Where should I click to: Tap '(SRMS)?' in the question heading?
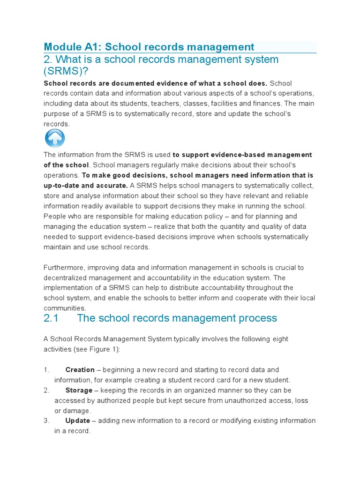66,71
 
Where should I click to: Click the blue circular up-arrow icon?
55,139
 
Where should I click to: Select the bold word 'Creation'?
80,370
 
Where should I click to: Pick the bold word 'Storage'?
79,390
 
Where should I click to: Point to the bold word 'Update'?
78,420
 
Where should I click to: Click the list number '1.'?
46,370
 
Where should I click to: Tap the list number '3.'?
46,420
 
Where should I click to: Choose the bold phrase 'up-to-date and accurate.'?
85,185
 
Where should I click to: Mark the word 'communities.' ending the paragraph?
65,308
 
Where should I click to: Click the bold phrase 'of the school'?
66,165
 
